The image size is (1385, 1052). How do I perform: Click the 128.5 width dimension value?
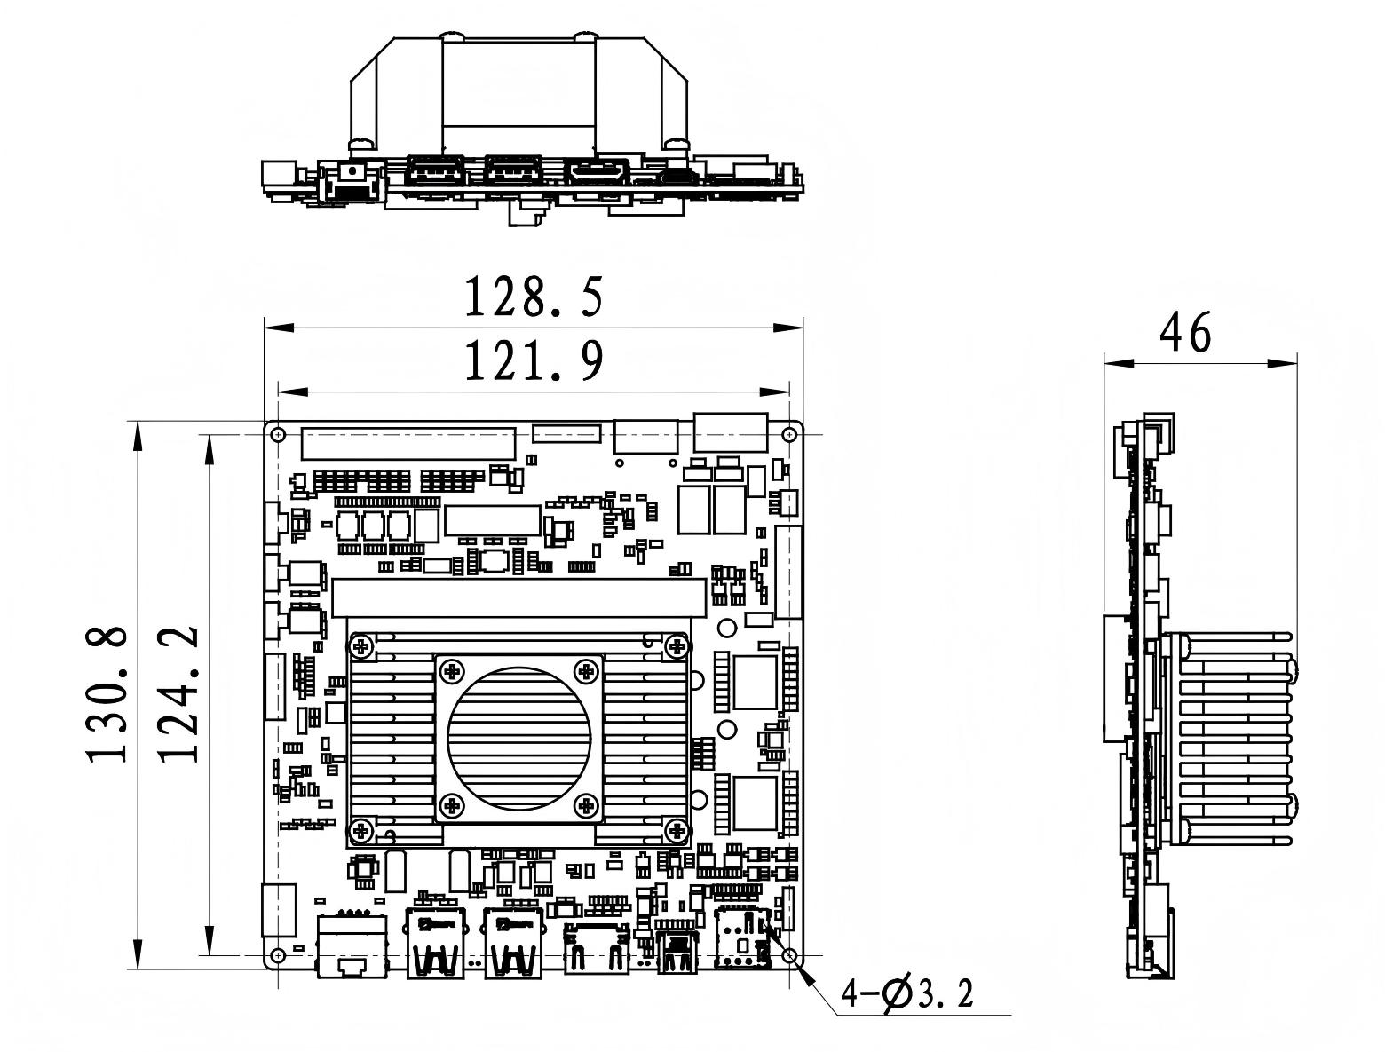coord(534,297)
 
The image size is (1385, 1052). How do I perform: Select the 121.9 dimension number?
coord(534,361)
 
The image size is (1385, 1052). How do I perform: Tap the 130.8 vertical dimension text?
coord(107,693)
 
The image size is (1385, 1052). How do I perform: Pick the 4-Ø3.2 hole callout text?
coord(906,994)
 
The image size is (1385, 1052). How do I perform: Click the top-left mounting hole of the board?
coord(277,435)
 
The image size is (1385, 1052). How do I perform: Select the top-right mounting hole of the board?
coord(788,435)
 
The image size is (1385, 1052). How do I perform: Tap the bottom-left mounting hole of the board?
coord(277,955)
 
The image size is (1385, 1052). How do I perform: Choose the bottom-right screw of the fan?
coord(586,805)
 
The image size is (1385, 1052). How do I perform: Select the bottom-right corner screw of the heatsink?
coord(677,831)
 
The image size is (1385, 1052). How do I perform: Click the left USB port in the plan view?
coord(436,943)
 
